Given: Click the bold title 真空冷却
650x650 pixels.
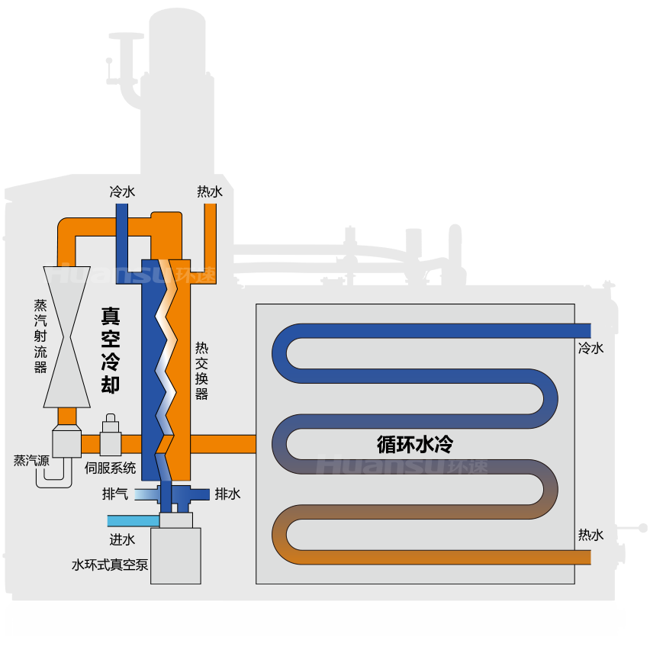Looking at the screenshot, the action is (x=111, y=350).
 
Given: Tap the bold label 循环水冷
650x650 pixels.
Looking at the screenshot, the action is (x=415, y=444).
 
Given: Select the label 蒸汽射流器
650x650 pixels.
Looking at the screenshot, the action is (x=40, y=336).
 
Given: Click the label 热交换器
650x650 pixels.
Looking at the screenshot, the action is (x=201, y=371).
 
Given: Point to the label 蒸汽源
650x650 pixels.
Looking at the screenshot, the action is (x=31, y=461).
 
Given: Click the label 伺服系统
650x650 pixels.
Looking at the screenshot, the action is (x=111, y=468).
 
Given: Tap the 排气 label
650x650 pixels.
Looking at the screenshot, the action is (x=115, y=494).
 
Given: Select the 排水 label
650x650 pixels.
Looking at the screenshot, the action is (x=227, y=494).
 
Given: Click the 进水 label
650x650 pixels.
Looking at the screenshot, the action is (x=122, y=539).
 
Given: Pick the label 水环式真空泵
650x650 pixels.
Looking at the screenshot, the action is (x=110, y=565).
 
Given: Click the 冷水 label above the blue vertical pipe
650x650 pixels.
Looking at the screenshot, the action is (x=122, y=191).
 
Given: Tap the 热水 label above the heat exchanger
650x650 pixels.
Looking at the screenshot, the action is (x=210, y=191).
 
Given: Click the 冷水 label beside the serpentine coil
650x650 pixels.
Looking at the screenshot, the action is (x=591, y=348).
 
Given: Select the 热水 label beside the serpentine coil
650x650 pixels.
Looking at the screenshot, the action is (x=591, y=535).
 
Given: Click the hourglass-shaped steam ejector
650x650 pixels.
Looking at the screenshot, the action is (x=66, y=336).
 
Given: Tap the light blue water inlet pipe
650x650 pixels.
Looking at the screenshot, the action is (x=134, y=520).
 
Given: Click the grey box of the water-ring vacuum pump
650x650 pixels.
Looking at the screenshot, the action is (x=175, y=556).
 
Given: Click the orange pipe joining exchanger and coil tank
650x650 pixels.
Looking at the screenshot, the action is (x=223, y=444).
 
